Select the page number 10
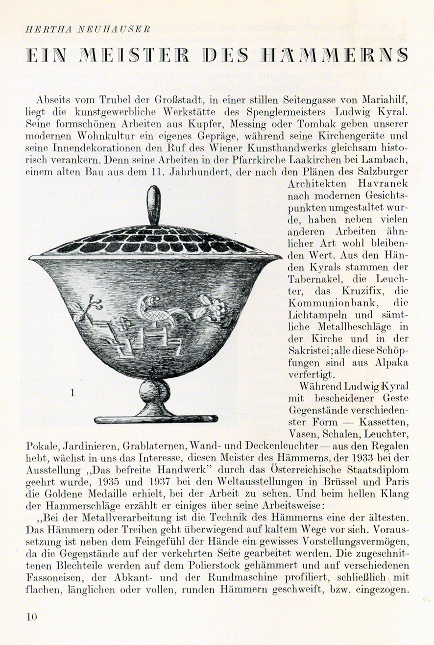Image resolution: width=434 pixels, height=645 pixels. pos(32,616)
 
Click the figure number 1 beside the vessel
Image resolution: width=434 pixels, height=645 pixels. pos(72,392)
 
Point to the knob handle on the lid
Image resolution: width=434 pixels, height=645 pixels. pos(154,205)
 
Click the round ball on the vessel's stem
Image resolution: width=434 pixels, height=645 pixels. pos(154,392)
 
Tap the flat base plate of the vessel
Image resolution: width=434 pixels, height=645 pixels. pos(156,419)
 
